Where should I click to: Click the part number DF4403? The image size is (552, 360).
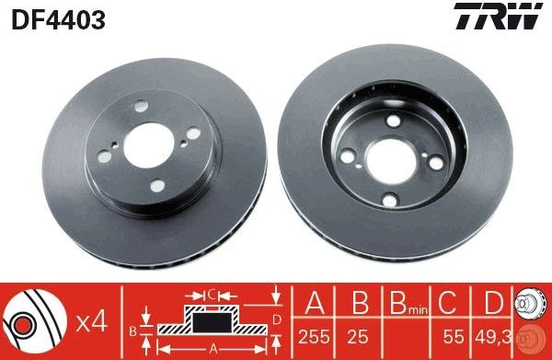pos(57,18)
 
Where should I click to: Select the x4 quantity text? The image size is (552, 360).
pos(92,322)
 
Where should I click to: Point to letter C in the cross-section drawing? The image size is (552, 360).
pos(213,295)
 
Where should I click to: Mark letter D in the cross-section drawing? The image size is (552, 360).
pos(277,319)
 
